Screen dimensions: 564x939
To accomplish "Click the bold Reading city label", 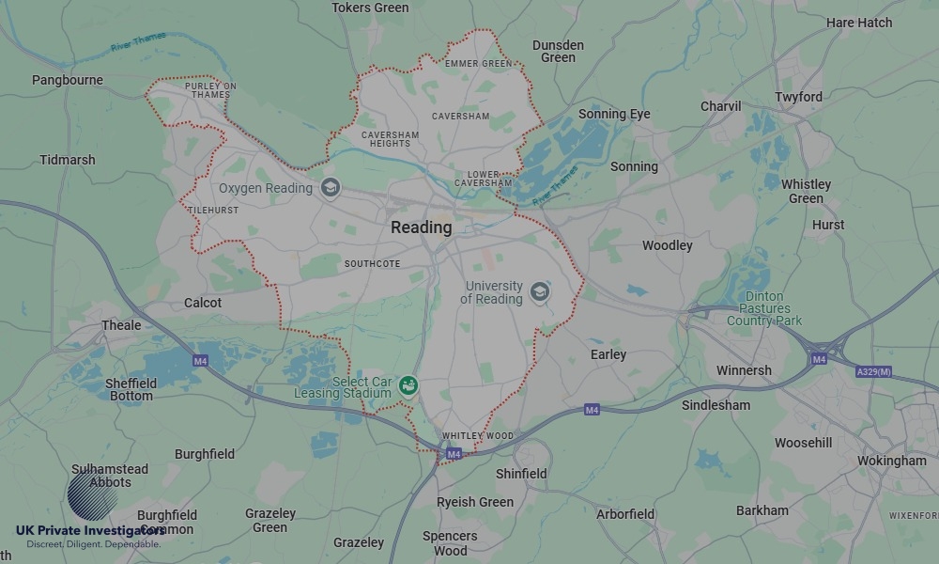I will pos(421,227).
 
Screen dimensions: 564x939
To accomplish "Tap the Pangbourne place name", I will pos(68,80).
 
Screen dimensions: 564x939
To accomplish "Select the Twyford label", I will pos(798,97).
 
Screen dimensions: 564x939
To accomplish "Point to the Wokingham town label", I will pos(891,461).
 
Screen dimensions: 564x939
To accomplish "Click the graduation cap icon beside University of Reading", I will pos(539,291).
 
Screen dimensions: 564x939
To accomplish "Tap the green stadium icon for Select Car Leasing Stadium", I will pos(408,385).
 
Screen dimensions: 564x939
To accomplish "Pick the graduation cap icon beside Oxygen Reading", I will pos(330,188).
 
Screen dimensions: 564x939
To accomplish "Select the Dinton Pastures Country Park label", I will pos(764,308).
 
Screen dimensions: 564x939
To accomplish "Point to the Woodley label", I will pos(667,245).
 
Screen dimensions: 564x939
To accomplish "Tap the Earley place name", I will pos(608,354).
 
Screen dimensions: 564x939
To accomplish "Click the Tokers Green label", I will pos(370,8).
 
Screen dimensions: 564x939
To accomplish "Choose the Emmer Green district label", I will pos(479,64).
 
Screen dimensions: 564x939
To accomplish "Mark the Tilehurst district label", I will pos(213,210).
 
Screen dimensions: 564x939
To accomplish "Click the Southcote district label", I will pos(373,264).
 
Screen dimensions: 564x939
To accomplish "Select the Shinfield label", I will pos(521,474).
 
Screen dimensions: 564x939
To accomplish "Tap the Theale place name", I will pos(121,325).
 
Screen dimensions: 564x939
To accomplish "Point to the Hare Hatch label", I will pos(859,22).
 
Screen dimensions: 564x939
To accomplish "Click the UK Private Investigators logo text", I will pos(89,530).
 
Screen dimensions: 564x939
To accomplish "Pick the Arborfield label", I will pos(625,514).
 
